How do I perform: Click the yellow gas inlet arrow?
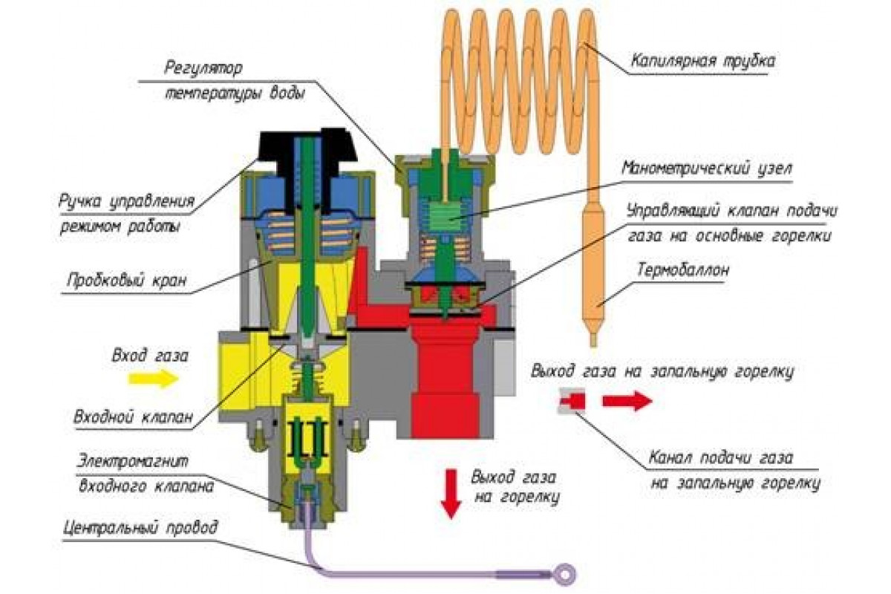pyautogui.click(x=153, y=379)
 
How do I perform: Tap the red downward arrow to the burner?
pyautogui.click(x=451, y=494)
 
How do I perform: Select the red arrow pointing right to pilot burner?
pyautogui.click(x=627, y=401)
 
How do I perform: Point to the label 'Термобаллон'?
pyautogui.click(x=683, y=270)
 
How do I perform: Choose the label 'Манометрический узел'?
pyautogui.click(x=707, y=168)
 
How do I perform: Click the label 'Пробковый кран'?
pyautogui.click(x=126, y=281)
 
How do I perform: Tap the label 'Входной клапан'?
pyautogui.click(x=133, y=417)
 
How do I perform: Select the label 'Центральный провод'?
pyautogui.click(x=140, y=528)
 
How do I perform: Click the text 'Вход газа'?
pyautogui.click(x=150, y=355)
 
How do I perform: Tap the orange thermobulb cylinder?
pyautogui.click(x=593, y=275)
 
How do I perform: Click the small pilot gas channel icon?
pyautogui.click(x=572, y=401)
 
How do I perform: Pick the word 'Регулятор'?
pyautogui.click(x=203, y=68)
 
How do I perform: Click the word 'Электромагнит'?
pyautogui.click(x=132, y=462)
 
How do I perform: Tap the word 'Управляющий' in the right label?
pyautogui.click(x=673, y=211)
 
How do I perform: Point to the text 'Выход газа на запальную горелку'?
pyautogui.click(x=662, y=371)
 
